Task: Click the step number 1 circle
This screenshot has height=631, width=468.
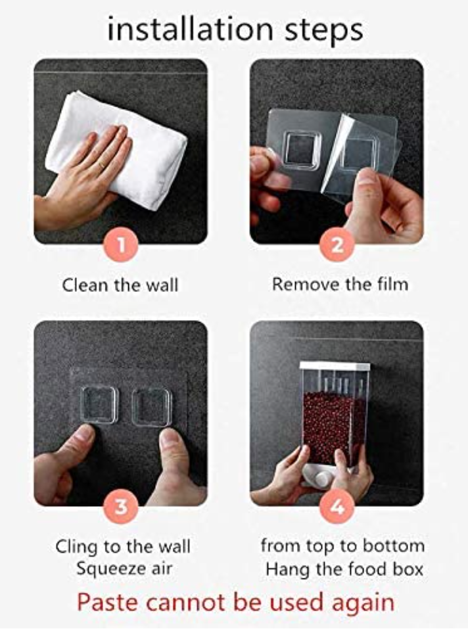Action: click(x=121, y=245)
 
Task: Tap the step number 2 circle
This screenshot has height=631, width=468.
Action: click(x=337, y=245)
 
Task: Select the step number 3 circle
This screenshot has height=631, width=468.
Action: click(x=121, y=506)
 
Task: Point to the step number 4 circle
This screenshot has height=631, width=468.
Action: click(x=337, y=506)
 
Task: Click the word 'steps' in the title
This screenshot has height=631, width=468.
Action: click(x=324, y=31)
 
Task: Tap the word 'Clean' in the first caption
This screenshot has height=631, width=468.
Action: click(x=85, y=285)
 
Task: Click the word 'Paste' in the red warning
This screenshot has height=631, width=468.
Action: click(x=108, y=603)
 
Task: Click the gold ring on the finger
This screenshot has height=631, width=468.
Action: click(x=102, y=165)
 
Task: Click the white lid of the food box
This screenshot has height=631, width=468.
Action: click(x=335, y=366)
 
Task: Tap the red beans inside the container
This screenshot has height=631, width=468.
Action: click(x=334, y=427)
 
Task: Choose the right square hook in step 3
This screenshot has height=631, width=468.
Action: click(x=151, y=408)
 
